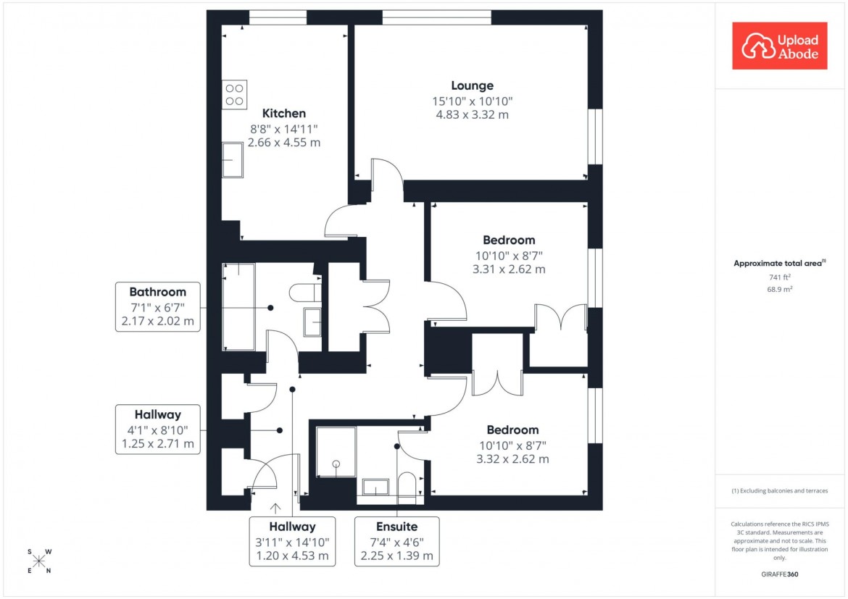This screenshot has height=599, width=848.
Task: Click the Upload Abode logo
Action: (x=779, y=46)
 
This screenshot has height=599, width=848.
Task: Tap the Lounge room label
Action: (x=472, y=85)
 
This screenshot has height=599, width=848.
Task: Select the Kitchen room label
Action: (x=283, y=113)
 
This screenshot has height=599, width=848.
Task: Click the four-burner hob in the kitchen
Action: (x=235, y=94)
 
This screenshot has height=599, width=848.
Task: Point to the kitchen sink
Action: (x=233, y=160)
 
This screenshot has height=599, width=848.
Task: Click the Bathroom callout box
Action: (x=157, y=307)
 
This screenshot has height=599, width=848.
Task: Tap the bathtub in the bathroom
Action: (x=238, y=307)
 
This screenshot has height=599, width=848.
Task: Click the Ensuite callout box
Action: (x=396, y=541)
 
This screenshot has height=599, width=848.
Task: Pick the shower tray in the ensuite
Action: (x=336, y=452)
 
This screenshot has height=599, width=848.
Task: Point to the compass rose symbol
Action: (x=39, y=561)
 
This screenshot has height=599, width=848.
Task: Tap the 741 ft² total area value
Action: (x=779, y=277)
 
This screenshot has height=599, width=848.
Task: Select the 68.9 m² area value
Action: (x=779, y=289)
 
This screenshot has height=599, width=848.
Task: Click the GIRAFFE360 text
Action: (x=779, y=574)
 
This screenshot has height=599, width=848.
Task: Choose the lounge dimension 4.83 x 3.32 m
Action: (x=472, y=114)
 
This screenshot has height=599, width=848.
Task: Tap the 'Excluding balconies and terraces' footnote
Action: (x=779, y=490)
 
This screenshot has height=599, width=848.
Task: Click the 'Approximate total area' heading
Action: (x=779, y=264)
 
